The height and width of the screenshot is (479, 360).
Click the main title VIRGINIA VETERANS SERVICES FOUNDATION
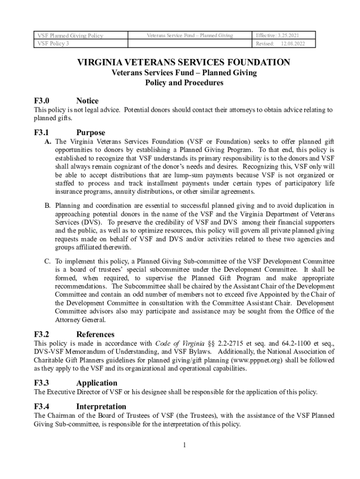click(184, 62)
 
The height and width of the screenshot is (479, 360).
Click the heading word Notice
click(87, 101)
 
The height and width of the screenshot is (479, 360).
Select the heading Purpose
click(90, 132)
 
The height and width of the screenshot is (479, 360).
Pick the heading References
click(95, 334)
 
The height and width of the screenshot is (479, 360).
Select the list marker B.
click(48, 205)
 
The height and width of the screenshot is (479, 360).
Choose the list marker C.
click(48, 261)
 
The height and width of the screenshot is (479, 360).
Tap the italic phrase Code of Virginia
click(177, 343)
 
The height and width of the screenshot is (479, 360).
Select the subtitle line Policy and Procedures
click(184, 83)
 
